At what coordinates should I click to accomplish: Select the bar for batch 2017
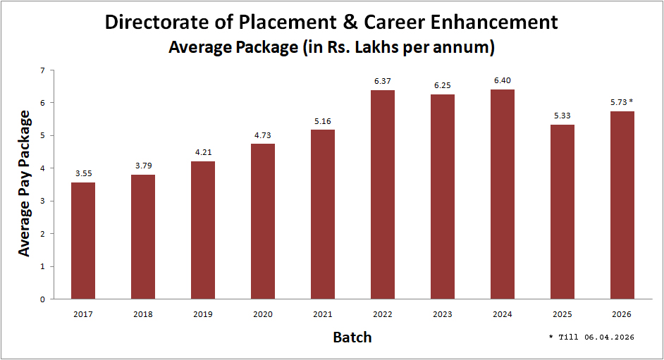(x=83, y=240)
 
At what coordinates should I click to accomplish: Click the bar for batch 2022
(x=383, y=194)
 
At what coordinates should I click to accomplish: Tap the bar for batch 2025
(x=562, y=211)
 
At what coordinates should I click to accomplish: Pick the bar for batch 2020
(x=263, y=221)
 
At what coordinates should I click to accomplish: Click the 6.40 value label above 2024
(x=503, y=81)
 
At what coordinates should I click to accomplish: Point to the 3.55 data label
(x=83, y=173)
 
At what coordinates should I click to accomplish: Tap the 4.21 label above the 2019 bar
(x=203, y=152)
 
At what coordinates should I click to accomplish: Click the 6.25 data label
(x=443, y=85)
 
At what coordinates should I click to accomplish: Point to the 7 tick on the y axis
(x=42, y=70)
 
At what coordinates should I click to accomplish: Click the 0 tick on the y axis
(x=42, y=299)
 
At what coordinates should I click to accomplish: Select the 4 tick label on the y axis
(x=42, y=168)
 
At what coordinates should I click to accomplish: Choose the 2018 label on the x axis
(x=143, y=314)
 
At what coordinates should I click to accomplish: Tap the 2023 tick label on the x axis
(x=443, y=314)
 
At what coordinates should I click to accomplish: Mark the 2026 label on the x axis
(x=622, y=314)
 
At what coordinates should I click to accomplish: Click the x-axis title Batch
(x=352, y=337)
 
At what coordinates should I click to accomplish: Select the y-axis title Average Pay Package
(x=24, y=183)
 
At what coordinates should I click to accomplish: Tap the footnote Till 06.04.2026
(x=595, y=337)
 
